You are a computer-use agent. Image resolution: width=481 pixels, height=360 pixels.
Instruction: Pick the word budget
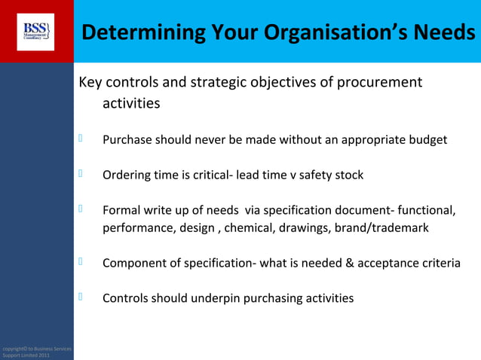coord(427,140)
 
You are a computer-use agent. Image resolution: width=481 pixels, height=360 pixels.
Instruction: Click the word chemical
coord(252,227)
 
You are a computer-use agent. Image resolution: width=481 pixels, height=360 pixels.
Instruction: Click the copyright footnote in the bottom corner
coord(36,352)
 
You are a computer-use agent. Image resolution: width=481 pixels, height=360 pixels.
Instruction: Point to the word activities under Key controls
coord(131,104)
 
